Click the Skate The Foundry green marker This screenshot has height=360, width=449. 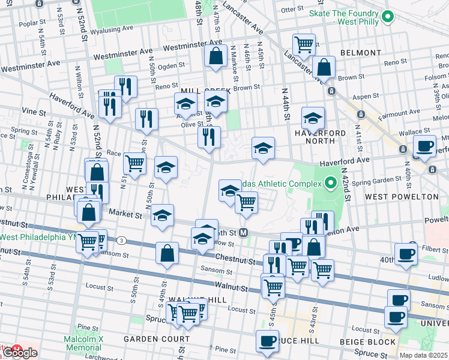[387, 17]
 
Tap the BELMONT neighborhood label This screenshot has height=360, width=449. [360, 53]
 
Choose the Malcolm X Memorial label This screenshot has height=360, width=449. [84, 343]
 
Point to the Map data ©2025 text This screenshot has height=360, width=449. [424, 355]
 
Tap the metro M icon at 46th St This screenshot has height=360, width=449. [244, 232]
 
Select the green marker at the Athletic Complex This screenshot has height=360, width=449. [329, 182]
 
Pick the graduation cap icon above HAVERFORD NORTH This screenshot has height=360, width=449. [313, 118]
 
